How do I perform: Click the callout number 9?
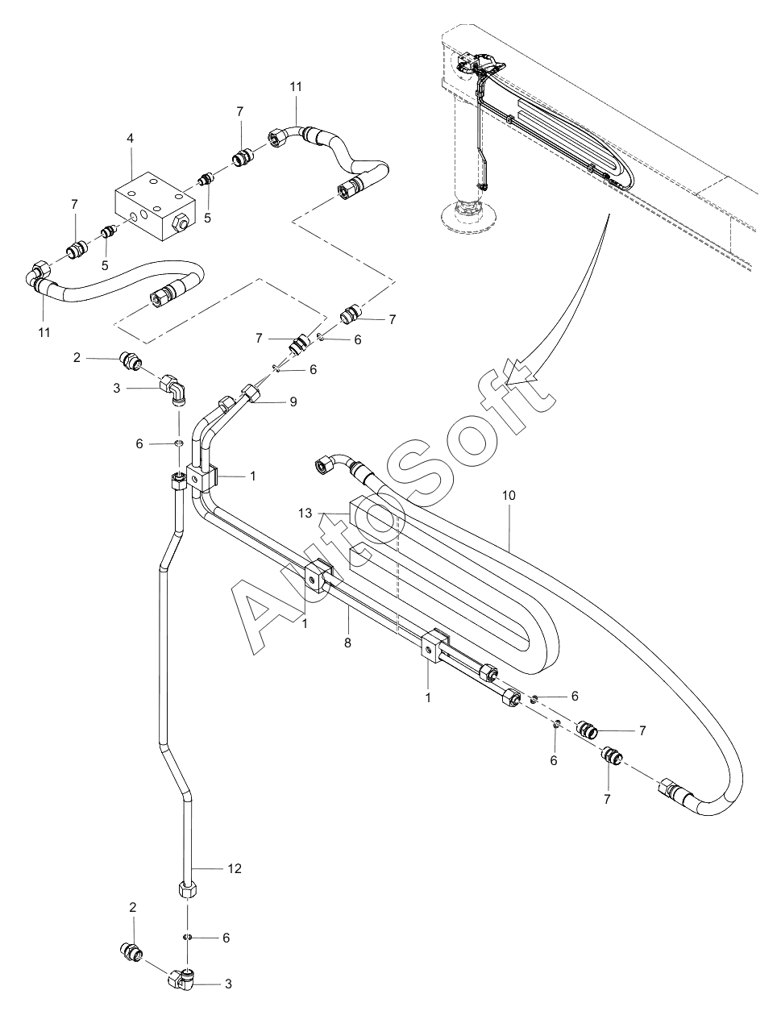pos(293,401)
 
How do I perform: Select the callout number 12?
pos(235,868)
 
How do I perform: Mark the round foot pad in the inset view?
pos(469,214)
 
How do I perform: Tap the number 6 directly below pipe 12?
pos(226,938)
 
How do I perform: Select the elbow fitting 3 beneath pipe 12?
pos(183,980)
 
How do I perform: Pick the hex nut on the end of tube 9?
pos(251,393)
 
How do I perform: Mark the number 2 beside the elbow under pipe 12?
pos(133,907)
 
